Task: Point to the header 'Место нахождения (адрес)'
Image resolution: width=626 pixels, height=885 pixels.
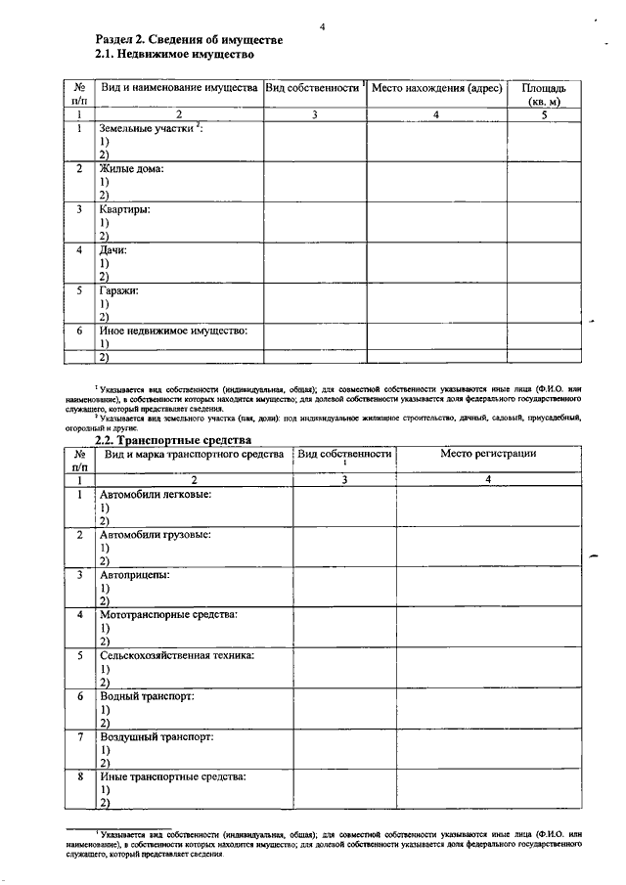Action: tap(437, 88)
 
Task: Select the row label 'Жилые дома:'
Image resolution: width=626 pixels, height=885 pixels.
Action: tap(131, 169)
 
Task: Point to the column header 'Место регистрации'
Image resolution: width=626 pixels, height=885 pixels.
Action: tap(487, 454)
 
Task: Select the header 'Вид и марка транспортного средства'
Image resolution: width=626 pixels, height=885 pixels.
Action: tap(194, 454)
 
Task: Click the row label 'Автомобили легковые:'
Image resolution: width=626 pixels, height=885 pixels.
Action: tap(156, 495)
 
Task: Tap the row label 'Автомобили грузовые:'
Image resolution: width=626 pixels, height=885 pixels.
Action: tap(156, 535)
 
